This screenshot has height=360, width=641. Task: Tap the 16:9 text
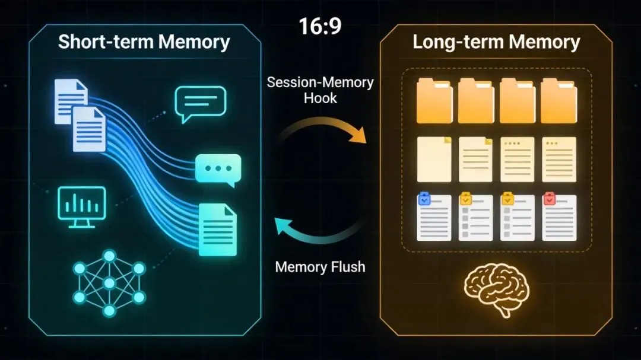click(x=320, y=27)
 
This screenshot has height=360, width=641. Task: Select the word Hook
click(x=320, y=98)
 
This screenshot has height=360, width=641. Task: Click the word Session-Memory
click(x=320, y=82)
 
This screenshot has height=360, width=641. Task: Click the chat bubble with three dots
click(x=218, y=169)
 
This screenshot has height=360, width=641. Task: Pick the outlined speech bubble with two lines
click(x=200, y=102)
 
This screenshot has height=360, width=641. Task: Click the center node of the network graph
click(x=109, y=282)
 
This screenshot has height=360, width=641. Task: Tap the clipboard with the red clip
click(x=559, y=217)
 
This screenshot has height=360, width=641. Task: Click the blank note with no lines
click(x=434, y=159)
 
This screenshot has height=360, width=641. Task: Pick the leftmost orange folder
click(x=434, y=101)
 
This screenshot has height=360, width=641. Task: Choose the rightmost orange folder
click(x=559, y=101)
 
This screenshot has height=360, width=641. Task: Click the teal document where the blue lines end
click(x=217, y=229)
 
